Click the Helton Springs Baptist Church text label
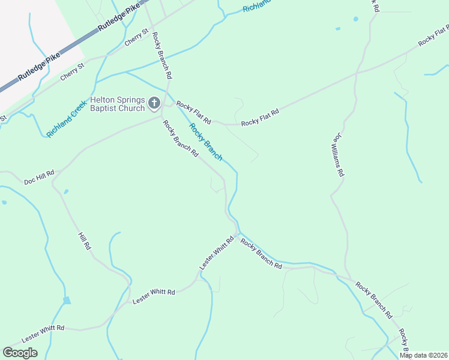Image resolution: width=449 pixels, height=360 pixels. click(118, 104)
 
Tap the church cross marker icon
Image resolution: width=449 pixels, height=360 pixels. click(154, 104)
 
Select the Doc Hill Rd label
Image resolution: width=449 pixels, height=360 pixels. click(39, 177)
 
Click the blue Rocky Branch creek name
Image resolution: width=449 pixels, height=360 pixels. click(206, 142)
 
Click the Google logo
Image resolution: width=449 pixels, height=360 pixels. click(20, 353)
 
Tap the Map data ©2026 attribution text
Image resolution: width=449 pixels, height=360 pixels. click(424, 355)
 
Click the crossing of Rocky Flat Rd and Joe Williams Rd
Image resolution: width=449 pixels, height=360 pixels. click(357, 73)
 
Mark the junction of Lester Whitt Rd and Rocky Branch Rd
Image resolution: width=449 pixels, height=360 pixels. click(239, 233)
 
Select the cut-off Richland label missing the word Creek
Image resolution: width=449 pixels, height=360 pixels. click(259, 7)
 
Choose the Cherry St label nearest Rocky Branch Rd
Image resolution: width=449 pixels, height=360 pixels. click(136, 38)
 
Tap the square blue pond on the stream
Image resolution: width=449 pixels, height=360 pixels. click(67, 300)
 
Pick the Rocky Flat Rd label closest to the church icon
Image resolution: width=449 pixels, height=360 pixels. click(194, 113)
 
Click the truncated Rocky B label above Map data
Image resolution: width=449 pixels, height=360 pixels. click(403, 340)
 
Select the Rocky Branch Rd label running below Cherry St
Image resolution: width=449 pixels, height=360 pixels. click(162, 56)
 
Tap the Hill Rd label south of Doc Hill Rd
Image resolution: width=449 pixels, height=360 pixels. click(85, 241)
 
